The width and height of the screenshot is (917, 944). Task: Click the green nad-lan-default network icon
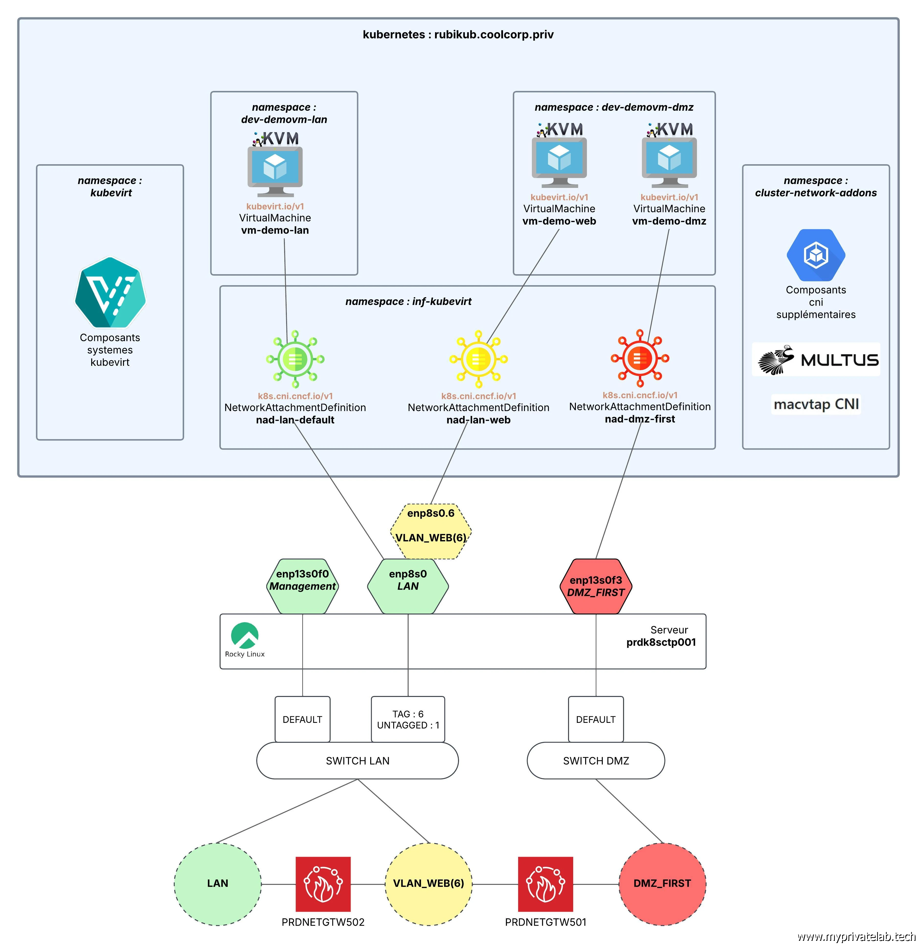[x=295, y=359]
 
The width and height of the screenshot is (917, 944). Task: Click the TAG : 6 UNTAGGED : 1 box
[x=408, y=719]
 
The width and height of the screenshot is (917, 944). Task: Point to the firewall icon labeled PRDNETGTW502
[x=323, y=884]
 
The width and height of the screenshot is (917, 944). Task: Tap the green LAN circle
[x=217, y=884]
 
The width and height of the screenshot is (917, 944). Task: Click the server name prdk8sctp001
[x=661, y=642]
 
